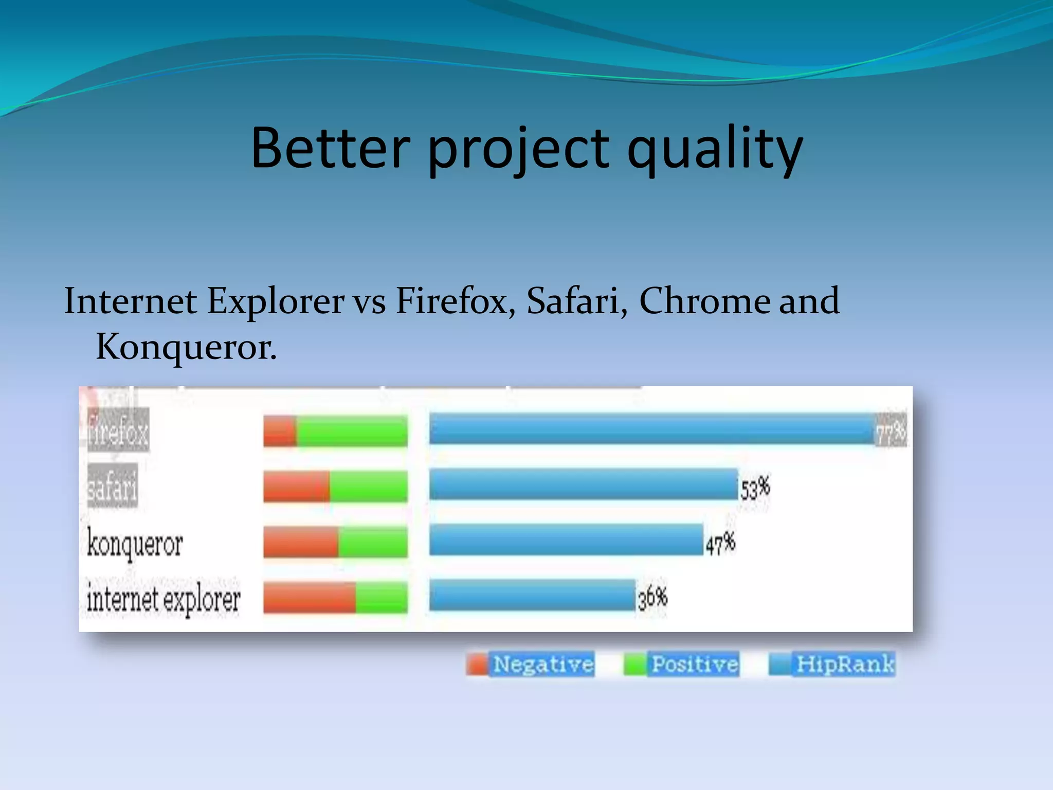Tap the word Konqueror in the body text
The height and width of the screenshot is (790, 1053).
click(x=186, y=347)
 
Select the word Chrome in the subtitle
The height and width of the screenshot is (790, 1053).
click(x=704, y=300)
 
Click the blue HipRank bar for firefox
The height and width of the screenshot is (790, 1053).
click(x=652, y=429)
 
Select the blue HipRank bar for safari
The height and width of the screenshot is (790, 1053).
click(x=583, y=484)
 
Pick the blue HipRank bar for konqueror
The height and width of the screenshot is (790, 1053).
click(x=566, y=540)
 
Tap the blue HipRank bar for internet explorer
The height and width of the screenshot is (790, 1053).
click(x=532, y=596)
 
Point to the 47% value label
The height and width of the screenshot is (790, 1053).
click(x=720, y=544)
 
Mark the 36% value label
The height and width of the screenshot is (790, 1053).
click(x=652, y=598)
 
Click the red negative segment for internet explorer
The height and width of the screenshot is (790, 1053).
click(x=309, y=597)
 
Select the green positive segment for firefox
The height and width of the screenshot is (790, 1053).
click(x=352, y=431)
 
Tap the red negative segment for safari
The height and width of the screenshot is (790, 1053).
click(x=296, y=486)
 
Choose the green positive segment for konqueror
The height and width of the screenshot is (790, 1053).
click(x=372, y=542)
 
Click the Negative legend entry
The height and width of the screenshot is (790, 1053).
click(x=531, y=664)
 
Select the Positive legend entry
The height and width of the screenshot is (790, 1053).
click(x=682, y=664)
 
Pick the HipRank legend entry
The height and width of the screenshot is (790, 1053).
click(x=832, y=664)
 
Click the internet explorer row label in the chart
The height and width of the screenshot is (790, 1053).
click(x=163, y=599)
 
